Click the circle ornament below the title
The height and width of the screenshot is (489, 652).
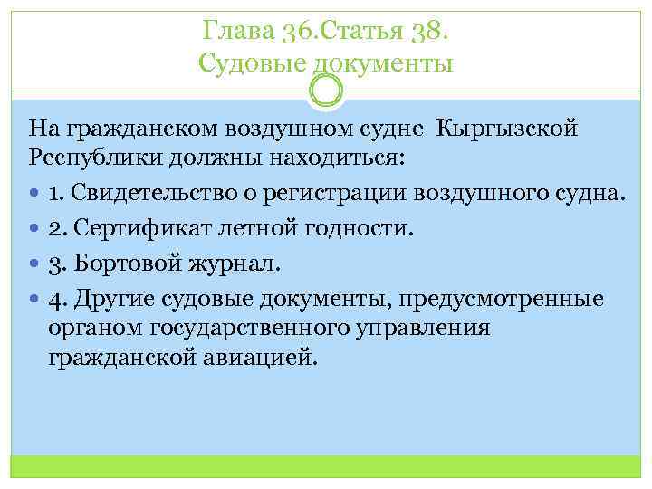(x=326, y=90)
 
